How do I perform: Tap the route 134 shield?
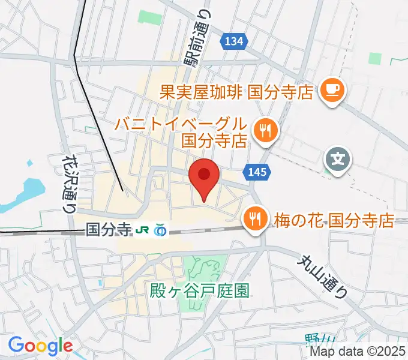coord(235,41)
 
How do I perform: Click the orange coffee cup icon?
coord(331,91)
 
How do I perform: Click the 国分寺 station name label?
coord(108,229)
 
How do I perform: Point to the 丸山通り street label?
coord(325,274)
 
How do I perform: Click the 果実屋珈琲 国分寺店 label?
coord(237,92)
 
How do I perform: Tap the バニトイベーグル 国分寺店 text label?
coord(181,133)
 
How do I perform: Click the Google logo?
coord(40,346)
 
